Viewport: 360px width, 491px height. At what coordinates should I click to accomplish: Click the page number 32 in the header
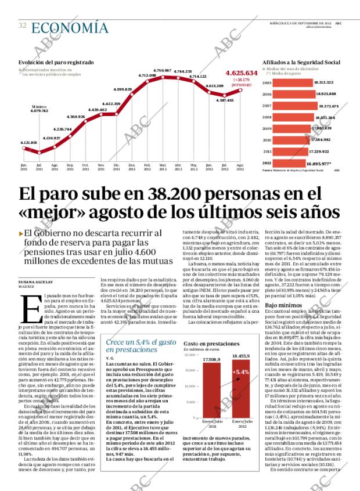(x=22, y=26)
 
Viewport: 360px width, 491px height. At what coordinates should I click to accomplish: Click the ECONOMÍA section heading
(x=69, y=27)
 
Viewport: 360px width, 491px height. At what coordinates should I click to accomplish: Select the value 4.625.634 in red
(x=240, y=74)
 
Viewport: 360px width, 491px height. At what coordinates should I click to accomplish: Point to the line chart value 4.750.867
(x=162, y=70)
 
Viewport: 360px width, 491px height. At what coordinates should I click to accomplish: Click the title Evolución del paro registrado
(x=56, y=62)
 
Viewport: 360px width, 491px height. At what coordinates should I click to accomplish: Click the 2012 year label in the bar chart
(x=267, y=163)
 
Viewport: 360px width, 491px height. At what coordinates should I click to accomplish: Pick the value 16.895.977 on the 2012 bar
(x=315, y=163)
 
